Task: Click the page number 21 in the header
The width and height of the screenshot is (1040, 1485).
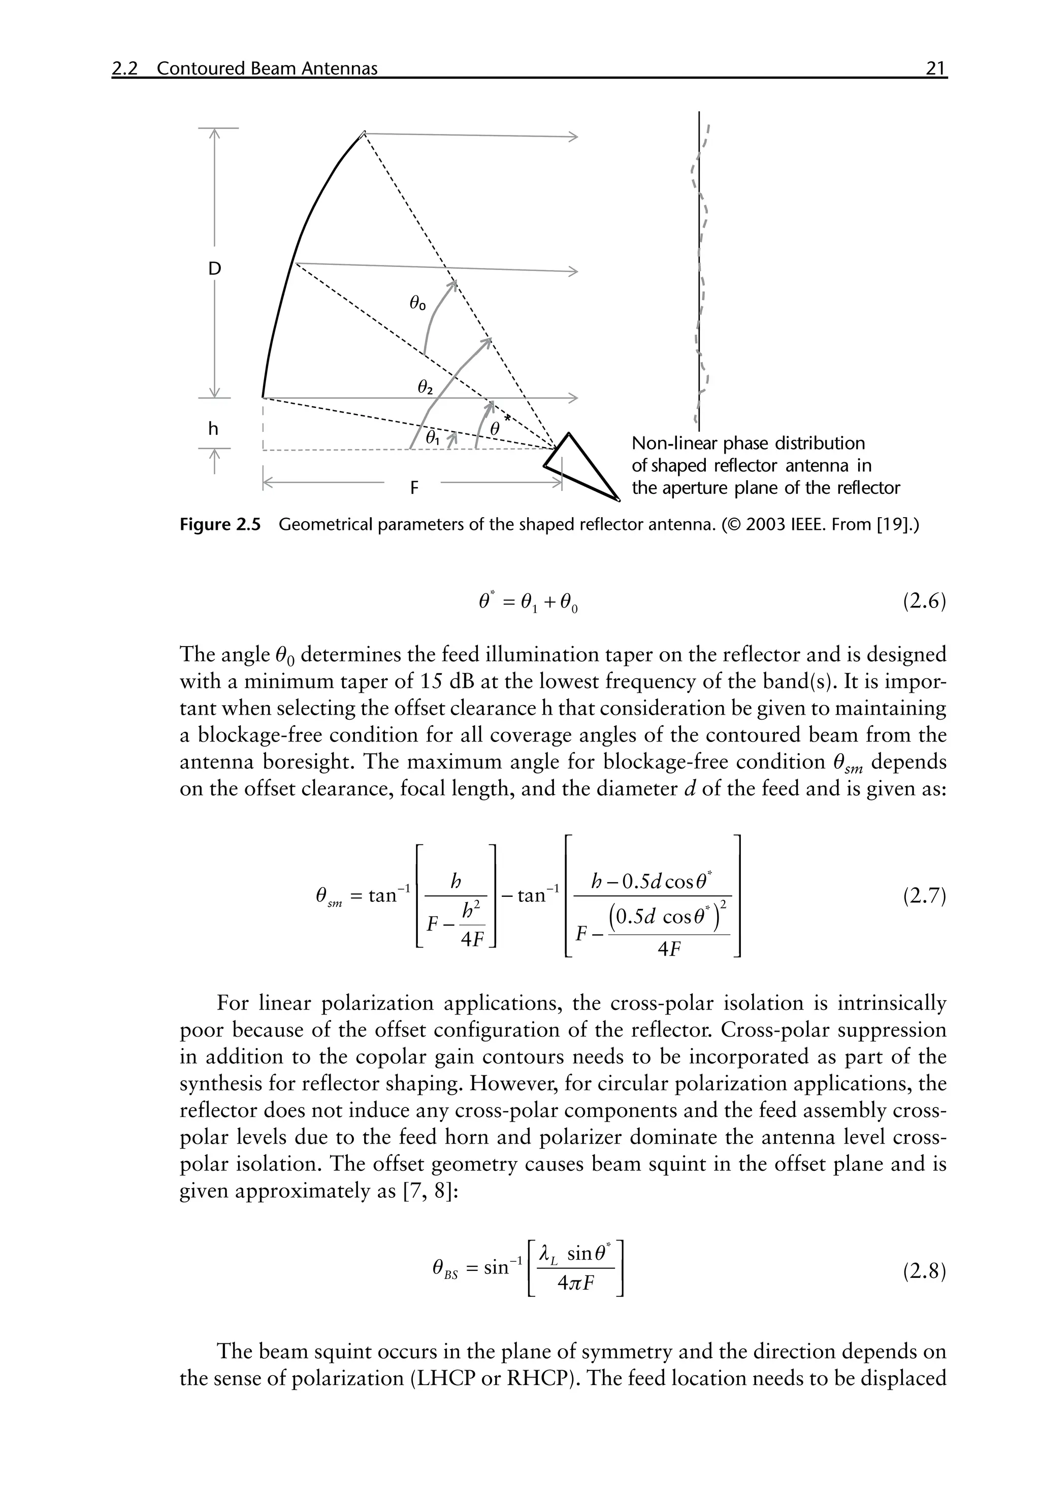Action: [935, 69]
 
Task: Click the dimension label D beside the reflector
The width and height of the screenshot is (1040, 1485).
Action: [214, 268]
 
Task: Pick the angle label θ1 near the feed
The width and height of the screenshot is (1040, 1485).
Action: [432, 438]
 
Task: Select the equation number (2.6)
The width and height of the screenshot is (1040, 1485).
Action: [924, 603]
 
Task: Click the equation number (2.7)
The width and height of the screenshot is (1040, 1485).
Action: [924, 896]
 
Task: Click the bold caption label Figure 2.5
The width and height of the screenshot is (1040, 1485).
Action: [220, 525]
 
